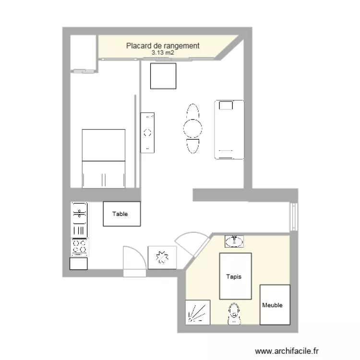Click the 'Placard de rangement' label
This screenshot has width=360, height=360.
[163, 46]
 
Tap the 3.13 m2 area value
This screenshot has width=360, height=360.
[163, 53]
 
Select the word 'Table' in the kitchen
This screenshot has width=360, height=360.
[120, 214]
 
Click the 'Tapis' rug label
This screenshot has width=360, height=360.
[234, 276]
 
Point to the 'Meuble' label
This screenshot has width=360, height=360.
[272, 305]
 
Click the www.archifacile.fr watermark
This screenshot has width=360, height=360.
[287, 351]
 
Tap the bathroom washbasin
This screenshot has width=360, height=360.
[234, 241]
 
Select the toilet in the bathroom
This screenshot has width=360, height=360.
[234, 313]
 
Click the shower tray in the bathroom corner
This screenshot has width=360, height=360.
[198, 312]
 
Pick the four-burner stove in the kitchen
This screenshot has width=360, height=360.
[79, 247]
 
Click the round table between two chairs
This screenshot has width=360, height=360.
[192, 128]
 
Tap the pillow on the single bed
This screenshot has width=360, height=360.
[226, 106]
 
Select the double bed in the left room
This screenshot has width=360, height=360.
[104, 159]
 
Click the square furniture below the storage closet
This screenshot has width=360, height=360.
[163, 76]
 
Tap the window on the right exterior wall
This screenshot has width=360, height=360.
[294, 217]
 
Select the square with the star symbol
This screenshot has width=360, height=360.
[162, 257]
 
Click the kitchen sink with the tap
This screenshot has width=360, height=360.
[79, 219]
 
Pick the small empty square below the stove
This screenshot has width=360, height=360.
[79, 264]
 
